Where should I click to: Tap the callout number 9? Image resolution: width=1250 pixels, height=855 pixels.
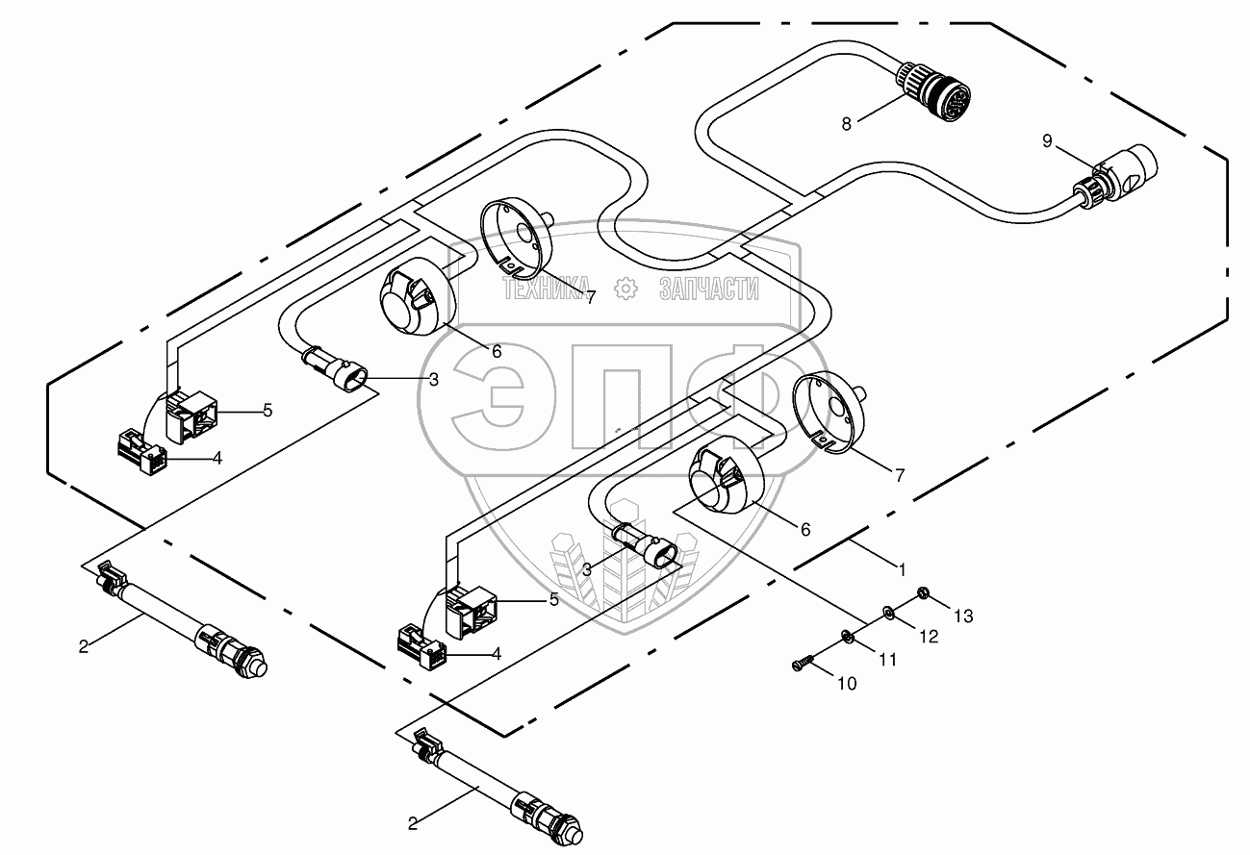(1047, 141)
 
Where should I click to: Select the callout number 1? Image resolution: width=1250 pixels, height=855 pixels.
(902, 569)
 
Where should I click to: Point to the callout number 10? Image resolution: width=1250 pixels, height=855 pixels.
(846, 684)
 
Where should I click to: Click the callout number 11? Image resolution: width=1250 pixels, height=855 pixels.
(886, 659)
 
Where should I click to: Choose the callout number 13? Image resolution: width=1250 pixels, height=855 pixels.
(964, 616)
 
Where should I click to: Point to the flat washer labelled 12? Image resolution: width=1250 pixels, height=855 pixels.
(886, 612)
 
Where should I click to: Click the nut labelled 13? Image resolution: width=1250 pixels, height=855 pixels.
(921, 591)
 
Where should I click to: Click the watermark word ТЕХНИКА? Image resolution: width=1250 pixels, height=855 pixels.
(544, 288)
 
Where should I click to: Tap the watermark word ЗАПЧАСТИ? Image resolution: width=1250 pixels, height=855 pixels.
(709, 288)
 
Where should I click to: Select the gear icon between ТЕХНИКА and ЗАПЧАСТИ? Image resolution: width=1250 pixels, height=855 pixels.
(625, 288)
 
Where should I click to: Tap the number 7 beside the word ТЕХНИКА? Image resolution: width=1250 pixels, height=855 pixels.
(590, 297)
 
